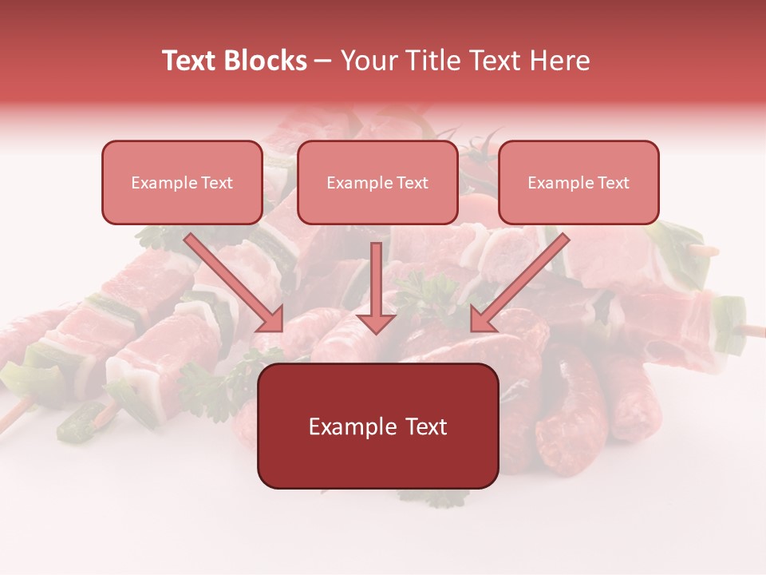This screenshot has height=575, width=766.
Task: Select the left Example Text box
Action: pyautogui.click(x=182, y=182)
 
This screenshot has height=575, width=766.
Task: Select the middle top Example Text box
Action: pyautogui.click(x=377, y=182)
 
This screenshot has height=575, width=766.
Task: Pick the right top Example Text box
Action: pyautogui.click(x=578, y=182)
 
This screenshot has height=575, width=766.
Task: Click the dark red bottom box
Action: pyautogui.click(x=377, y=426)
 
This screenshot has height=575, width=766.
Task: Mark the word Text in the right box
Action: pyautogui.click(x=613, y=183)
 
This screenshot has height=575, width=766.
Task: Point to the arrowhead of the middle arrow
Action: pyautogui.click(x=377, y=322)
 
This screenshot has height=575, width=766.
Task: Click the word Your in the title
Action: pyautogui.click(x=367, y=61)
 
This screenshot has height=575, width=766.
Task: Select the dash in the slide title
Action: pyautogui.click(x=323, y=61)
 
